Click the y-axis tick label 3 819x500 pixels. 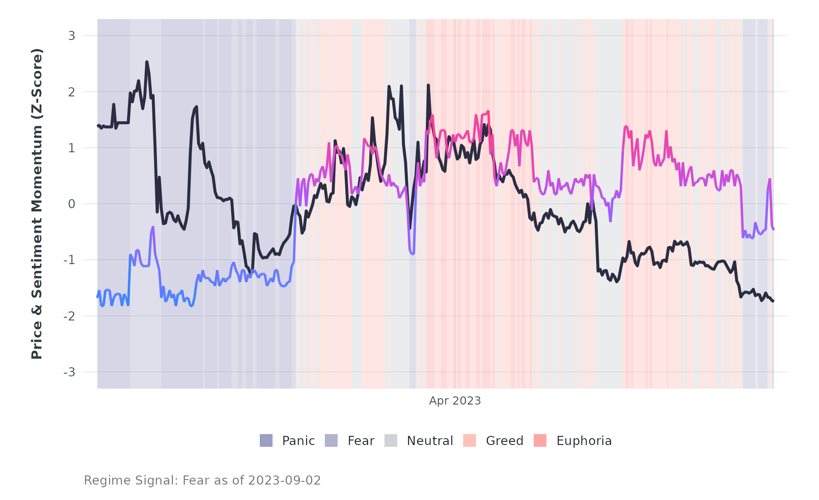(x=71, y=36)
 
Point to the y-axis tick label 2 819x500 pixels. (x=71, y=92)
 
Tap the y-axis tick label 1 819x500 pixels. (x=71, y=148)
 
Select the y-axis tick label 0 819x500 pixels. (x=71, y=204)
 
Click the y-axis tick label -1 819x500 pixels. (x=69, y=260)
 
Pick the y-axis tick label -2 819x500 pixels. (x=69, y=316)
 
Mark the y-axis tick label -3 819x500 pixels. (x=69, y=372)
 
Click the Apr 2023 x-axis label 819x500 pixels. (x=455, y=401)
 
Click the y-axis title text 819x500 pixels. (x=36, y=204)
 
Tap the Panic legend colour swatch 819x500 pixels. (x=266, y=440)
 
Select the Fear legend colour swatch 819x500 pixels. (x=331, y=440)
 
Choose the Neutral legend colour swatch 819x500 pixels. (x=391, y=440)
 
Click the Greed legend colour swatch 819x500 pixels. (x=470, y=440)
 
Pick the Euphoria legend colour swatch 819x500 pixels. (x=540, y=440)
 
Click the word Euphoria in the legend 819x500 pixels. (x=584, y=441)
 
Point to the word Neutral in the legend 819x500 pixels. (x=430, y=441)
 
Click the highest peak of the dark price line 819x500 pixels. (x=147, y=62)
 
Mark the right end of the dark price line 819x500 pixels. (x=773, y=301)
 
